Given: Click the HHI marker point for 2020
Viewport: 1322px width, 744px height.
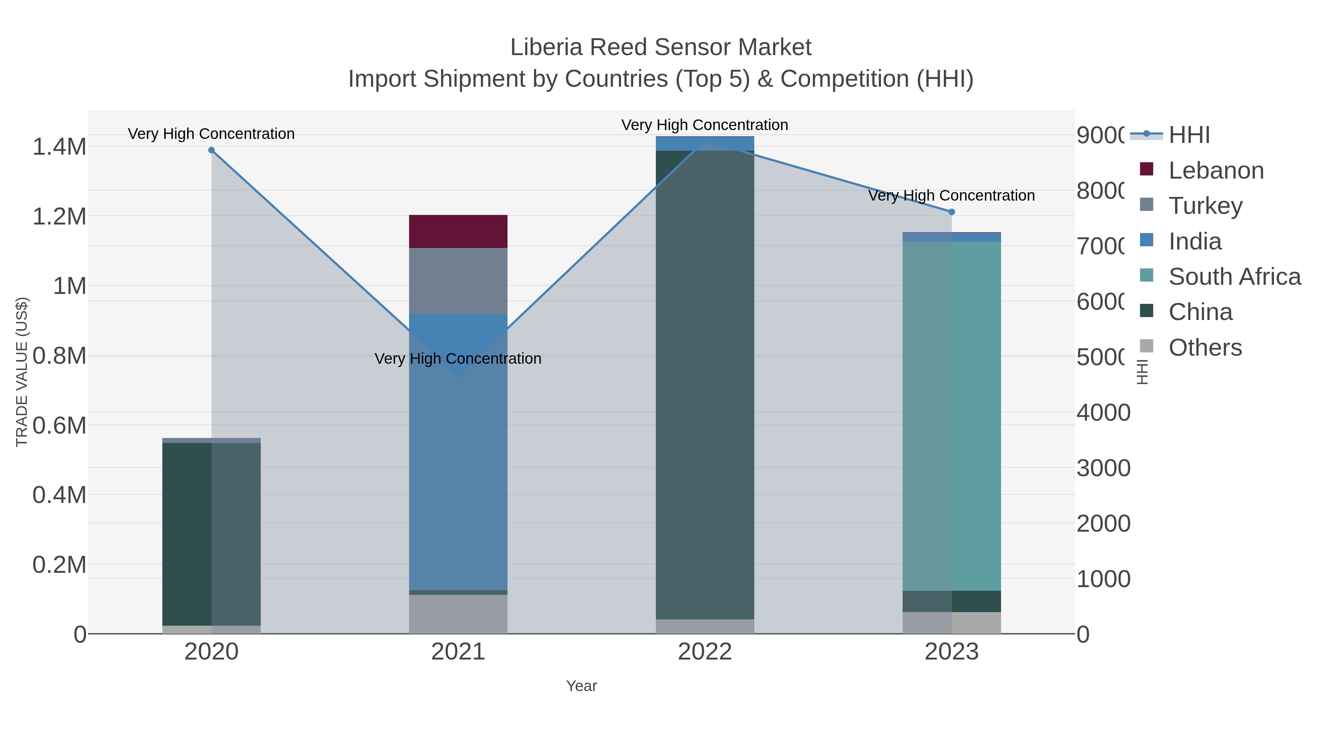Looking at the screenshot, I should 212,150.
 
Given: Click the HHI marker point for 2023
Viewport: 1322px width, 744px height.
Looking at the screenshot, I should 951,212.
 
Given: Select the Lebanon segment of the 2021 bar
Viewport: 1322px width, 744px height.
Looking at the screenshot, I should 458,231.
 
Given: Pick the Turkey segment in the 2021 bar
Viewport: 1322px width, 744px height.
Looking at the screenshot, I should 458,281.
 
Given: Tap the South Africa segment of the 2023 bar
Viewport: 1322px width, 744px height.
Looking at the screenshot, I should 951,416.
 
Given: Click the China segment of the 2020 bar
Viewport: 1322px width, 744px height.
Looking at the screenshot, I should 212,534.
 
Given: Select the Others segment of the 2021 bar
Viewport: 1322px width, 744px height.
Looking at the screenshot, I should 458,614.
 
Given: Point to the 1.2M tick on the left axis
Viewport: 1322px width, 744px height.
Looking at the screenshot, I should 59,216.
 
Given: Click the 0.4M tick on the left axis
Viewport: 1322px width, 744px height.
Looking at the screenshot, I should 59,495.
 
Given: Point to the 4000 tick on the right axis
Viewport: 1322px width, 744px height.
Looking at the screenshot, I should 1104,412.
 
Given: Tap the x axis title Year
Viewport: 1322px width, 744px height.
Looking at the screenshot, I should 581,686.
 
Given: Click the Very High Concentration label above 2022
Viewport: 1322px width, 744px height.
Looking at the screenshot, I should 705,125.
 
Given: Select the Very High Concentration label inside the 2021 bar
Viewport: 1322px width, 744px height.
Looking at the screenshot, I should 458,358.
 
